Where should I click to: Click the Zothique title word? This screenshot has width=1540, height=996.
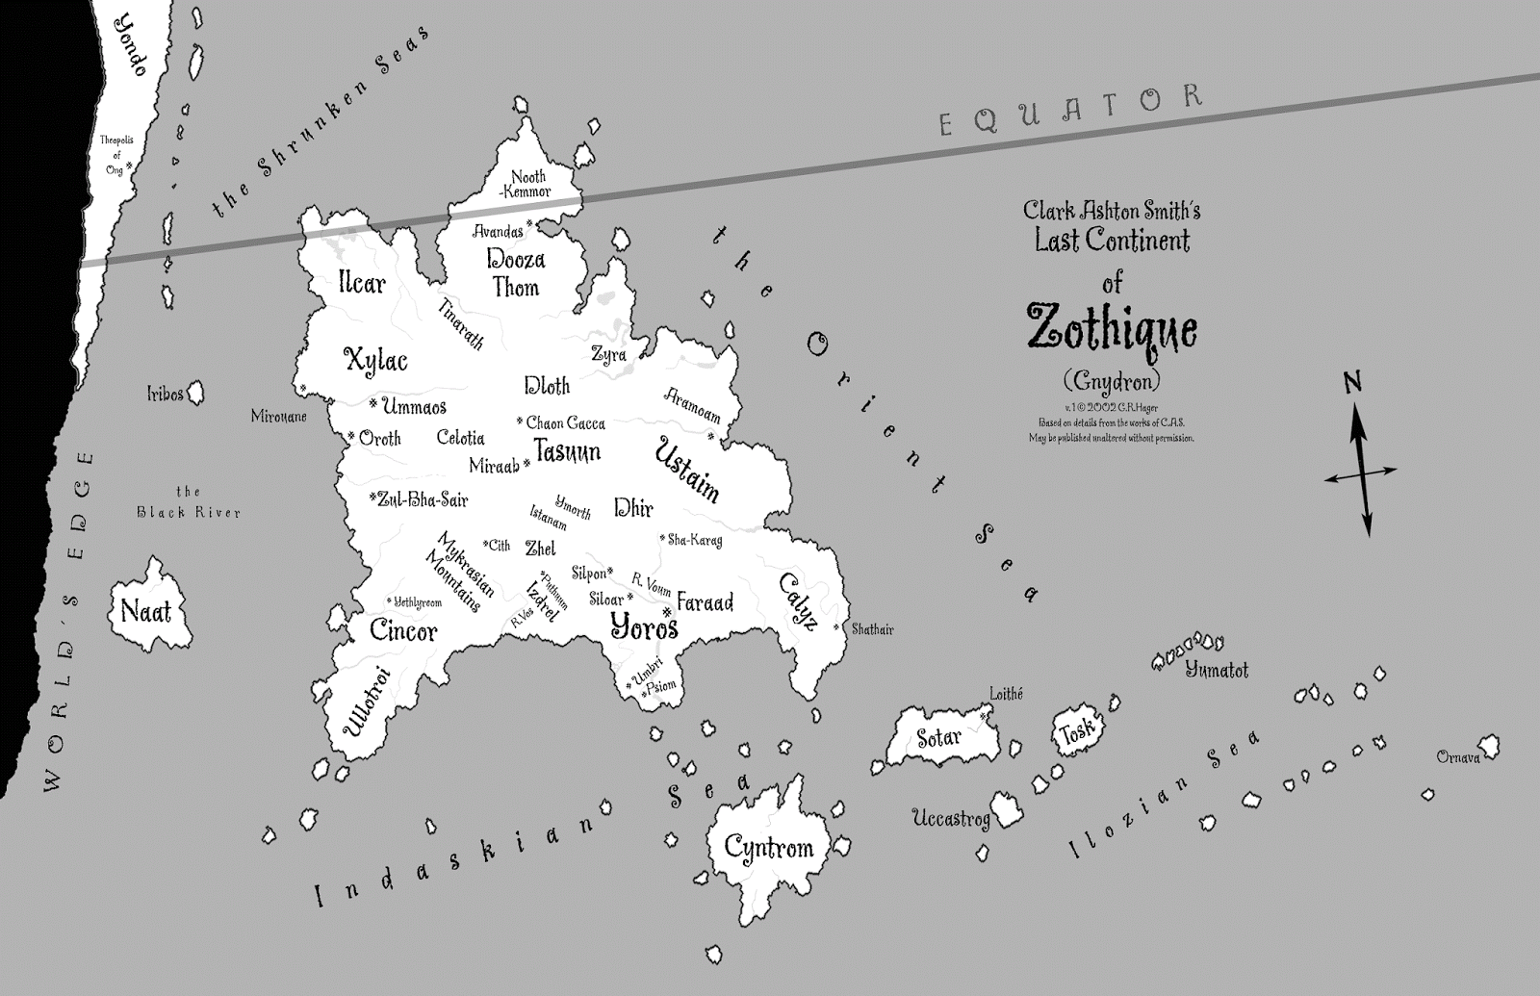click(1112, 329)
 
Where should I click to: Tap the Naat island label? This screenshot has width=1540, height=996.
click(146, 610)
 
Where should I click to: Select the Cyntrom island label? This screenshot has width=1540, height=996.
click(768, 848)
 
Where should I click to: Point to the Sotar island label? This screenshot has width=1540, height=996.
click(938, 738)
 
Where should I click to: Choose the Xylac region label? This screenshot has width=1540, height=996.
click(375, 361)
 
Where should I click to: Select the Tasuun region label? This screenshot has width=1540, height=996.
click(567, 451)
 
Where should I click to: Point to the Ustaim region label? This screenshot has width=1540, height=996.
click(687, 469)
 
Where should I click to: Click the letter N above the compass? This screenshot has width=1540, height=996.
click(1352, 383)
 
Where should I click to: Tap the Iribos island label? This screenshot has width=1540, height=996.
click(165, 394)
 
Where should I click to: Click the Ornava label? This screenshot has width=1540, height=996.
click(1457, 757)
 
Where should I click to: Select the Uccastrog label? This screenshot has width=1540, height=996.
click(951, 819)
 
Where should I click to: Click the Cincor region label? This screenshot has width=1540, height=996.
click(403, 631)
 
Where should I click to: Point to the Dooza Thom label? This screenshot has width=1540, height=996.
click(516, 273)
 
